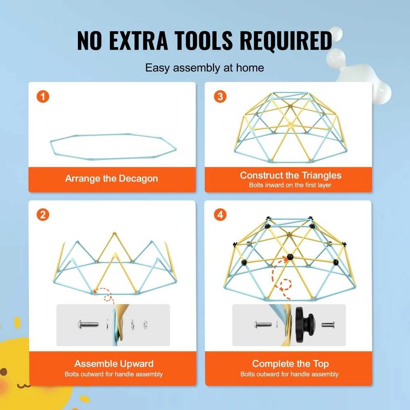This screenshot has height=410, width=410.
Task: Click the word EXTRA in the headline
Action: [138, 40]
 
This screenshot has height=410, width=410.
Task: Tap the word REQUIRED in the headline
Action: [285, 41]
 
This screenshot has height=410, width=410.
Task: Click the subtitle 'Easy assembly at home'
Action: [205, 68]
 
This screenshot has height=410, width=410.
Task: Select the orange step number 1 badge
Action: [43, 97]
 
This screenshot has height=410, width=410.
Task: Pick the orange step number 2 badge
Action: [43, 215]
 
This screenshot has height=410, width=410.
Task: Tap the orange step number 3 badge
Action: [220, 96]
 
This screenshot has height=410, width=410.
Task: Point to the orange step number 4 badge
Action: [220, 215]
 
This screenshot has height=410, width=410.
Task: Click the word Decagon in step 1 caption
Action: [138, 179]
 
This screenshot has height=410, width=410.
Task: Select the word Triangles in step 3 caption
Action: [321, 175]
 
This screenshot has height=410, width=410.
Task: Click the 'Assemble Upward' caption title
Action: [114, 364]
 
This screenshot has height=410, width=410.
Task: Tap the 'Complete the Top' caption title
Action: [291, 364]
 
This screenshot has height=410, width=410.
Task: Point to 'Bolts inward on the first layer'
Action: [290, 185]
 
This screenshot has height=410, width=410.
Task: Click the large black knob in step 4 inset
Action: [305, 325]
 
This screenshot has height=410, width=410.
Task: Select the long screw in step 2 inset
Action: [89, 325]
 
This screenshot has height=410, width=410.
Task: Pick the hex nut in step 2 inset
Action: [146, 325]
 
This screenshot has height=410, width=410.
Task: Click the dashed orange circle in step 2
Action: [107, 298]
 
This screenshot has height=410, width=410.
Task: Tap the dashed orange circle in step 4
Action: [285, 285]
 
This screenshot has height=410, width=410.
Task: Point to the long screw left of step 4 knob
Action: [264, 325]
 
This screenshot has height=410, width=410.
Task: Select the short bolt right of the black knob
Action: [328, 325]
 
